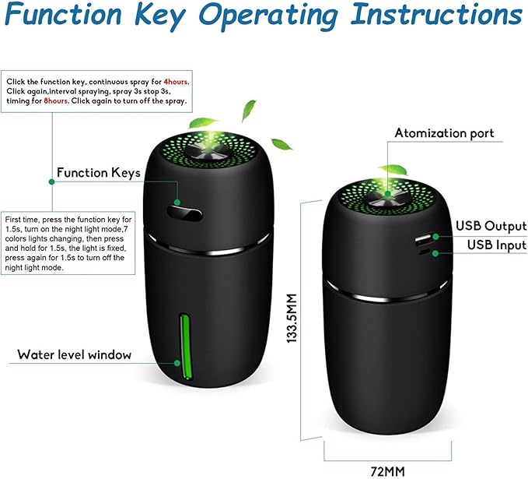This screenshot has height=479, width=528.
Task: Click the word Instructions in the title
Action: (x=436, y=14)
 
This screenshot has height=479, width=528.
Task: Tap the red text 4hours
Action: (x=176, y=82)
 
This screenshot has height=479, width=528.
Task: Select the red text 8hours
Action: (x=56, y=100)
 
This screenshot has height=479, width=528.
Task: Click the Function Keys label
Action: (x=98, y=173)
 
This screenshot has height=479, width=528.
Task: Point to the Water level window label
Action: (x=75, y=354)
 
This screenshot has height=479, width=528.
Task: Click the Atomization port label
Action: (x=444, y=133)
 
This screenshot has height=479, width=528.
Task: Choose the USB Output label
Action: (x=491, y=226)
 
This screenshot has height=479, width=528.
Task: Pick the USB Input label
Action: (x=497, y=245)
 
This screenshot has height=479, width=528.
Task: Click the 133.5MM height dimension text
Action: (x=292, y=319)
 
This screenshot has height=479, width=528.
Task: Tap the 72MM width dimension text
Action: (x=387, y=471)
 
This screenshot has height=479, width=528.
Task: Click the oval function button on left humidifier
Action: (x=184, y=213)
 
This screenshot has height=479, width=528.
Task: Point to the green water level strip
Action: (x=185, y=347)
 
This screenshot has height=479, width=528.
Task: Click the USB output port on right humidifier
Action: (x=424, y=239)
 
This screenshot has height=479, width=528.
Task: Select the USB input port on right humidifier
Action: (x=425, y=252)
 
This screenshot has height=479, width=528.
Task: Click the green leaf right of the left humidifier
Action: (x=281, y=144)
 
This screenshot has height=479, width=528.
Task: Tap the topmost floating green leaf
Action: (x=249, y=109)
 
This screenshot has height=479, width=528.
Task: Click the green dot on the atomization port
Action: (x=388, y=194)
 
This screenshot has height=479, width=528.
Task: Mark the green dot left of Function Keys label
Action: (x=51, y=181)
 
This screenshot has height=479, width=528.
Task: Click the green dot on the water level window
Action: (x=177, y=363)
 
